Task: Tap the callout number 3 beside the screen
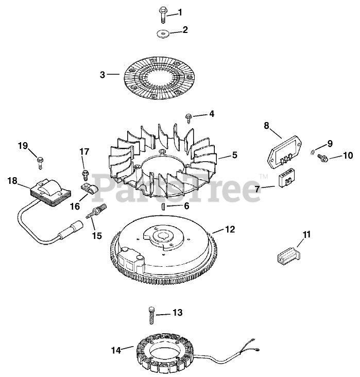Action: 103,75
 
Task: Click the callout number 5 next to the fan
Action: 234,154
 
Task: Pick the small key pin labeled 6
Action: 162,205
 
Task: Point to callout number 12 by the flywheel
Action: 230,229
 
